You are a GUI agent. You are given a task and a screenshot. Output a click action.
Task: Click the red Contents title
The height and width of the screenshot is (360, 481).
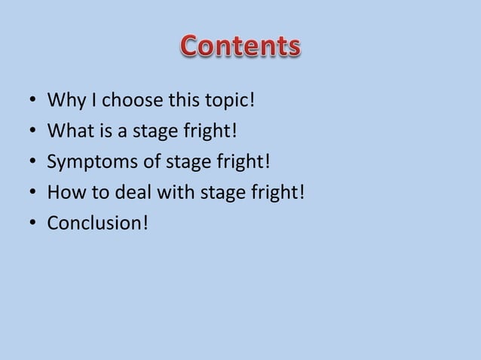[x=240, y=47]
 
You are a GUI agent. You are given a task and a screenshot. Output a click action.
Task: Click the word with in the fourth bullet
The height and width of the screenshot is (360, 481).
[x=167, y=193]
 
